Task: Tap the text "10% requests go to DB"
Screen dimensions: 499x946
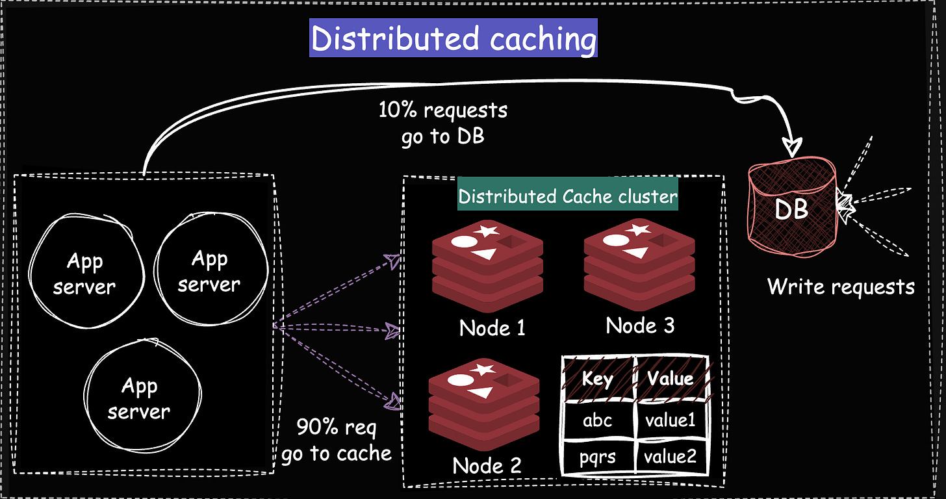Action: [x=443, y=123]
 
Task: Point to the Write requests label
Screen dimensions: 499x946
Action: [x=841, y=286]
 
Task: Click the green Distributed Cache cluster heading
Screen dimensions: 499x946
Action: [x=568, y=196]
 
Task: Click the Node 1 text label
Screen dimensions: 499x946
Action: [x=492, y=327]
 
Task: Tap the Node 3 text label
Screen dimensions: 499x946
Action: [x=640, y=325]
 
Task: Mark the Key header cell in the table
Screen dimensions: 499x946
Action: [x=597, y=378]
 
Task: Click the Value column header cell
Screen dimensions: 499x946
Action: [x=670, y=378]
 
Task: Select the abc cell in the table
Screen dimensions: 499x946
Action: [x=597, y=420]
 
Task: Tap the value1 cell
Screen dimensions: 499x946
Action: [x=670, y=420]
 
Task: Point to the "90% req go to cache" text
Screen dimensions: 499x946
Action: [x=337, y=441]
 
